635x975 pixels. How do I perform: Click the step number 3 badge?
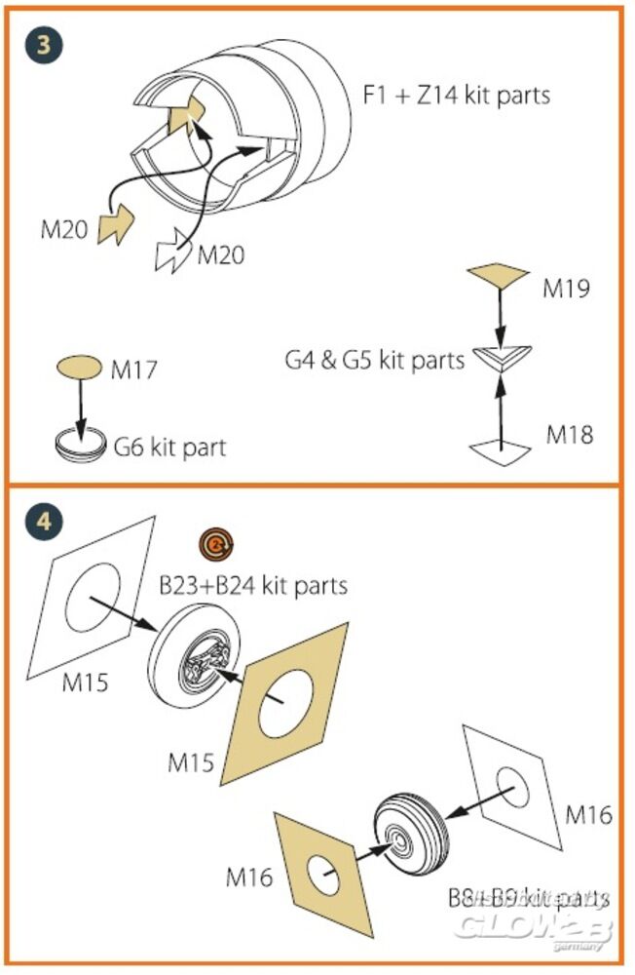43,46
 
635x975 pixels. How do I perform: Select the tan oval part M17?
79,368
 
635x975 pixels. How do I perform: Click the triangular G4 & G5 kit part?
500,361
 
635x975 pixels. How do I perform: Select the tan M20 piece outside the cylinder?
117,225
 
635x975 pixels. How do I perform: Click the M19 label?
568,290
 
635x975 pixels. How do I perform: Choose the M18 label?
569,434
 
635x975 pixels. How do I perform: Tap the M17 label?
133,370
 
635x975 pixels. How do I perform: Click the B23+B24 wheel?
200,658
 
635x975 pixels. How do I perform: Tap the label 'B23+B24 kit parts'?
253,586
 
